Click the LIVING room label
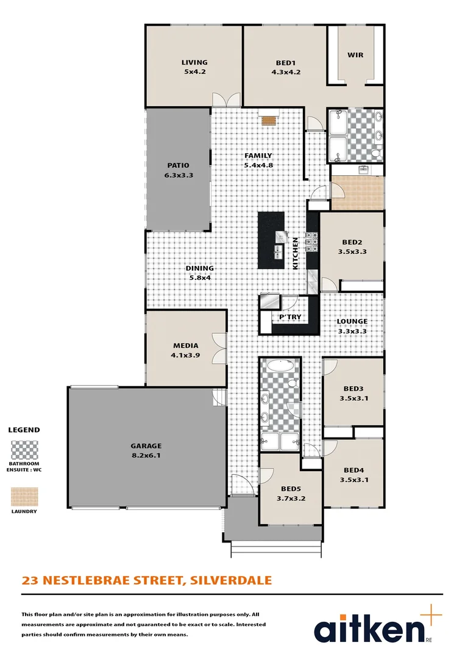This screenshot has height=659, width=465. pos(194,62)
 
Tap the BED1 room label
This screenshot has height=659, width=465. pos(286,62)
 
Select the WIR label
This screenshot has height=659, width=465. pos(355,55)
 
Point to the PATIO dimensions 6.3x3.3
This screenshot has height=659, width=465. pos(179,175)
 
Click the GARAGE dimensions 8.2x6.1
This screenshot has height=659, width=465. pos(146,455)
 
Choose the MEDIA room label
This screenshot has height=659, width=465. pos(185,345)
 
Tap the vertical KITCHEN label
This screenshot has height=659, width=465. pos(296,253)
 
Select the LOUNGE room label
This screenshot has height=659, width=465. pos(352,321)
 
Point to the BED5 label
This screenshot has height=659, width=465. pos(290,489)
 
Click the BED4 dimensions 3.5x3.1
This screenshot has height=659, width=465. pos(354,480)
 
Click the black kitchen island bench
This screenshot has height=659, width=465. pos(271,240)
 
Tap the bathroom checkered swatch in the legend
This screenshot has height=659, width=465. pos(24,450)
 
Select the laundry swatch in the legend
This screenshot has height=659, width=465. pos(24,496)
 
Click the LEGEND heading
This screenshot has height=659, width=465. pos(24,430)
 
